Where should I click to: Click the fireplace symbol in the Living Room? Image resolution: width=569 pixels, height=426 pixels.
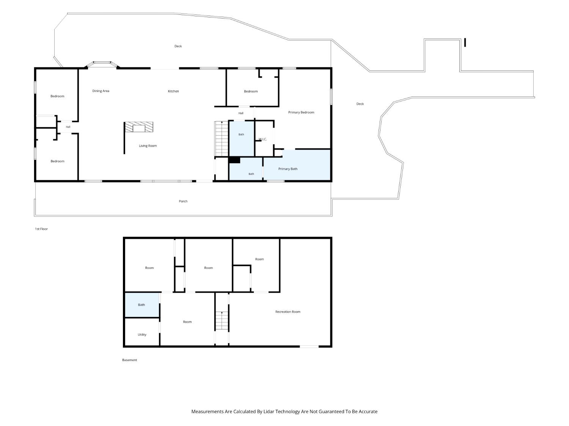(x=139, y=127)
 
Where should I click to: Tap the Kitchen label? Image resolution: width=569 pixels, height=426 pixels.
(x=173, y=91)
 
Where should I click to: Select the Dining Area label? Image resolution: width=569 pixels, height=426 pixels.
(x=101, y=91)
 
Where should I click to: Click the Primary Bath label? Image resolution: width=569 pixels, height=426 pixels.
(x=288, y=169)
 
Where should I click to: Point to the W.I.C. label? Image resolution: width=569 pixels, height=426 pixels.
(x=262, y=139)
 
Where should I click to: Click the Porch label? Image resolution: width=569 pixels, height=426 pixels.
(x=183, y=201)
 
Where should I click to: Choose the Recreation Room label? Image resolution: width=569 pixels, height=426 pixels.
(x=288, y=312)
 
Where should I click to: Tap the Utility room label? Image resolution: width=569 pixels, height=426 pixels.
(x=142, y=334)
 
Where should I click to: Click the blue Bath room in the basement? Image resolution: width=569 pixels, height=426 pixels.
(x=142, y=305)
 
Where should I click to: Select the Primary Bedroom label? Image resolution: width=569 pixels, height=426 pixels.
(x=301, y=112)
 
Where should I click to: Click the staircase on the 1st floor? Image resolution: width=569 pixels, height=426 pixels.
(x=222, y=139)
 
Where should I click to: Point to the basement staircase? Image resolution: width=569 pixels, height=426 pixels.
(x=222, y=320)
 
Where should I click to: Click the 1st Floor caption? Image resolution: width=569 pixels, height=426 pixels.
(x=41, y=229)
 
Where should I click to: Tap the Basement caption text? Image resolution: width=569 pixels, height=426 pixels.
(x=130, y=360)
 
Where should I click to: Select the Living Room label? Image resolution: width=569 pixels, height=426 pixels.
(x=148, y=146)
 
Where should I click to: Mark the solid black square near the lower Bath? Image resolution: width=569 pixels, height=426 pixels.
(x=234, y=160)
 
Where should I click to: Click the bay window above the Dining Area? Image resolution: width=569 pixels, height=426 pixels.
(x=102, y=64)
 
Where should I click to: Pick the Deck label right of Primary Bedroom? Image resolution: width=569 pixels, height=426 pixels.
(x=360, y=104)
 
